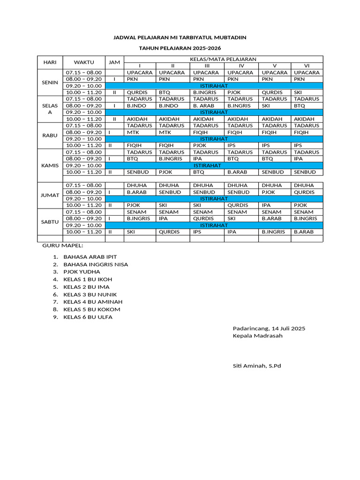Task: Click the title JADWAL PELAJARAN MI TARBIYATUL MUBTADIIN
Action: tap(180, 37)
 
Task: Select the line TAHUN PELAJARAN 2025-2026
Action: tap(180, 48)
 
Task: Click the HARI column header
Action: tap(50, 62)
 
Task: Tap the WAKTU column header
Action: tap(84, 62)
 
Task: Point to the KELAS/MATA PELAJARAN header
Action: tap(223, 59)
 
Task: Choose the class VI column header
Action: tap(307, 66)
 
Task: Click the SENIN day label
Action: tap(50, 82)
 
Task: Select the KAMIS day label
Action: tap(50, 165)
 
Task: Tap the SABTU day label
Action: tap(50, 222)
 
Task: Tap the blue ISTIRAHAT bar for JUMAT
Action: tap(214, 199)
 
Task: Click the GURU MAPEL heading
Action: tap(63, 245)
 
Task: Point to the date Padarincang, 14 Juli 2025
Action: tap(269, 329)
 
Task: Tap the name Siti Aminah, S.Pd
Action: tap(256, 366)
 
